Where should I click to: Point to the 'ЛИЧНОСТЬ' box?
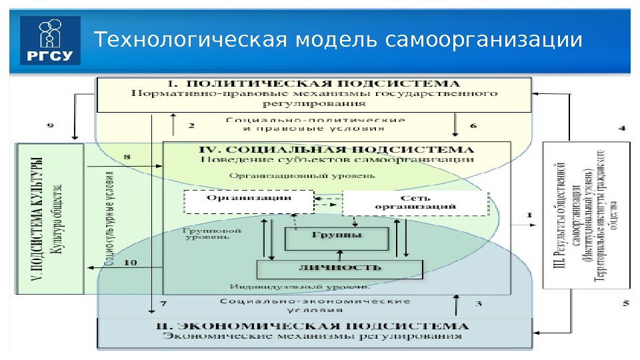(x=340, y=268)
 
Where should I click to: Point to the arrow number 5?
(x=625, y=305)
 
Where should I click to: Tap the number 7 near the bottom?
(x=163, y=304)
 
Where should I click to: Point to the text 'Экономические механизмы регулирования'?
(x=313, y=337)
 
